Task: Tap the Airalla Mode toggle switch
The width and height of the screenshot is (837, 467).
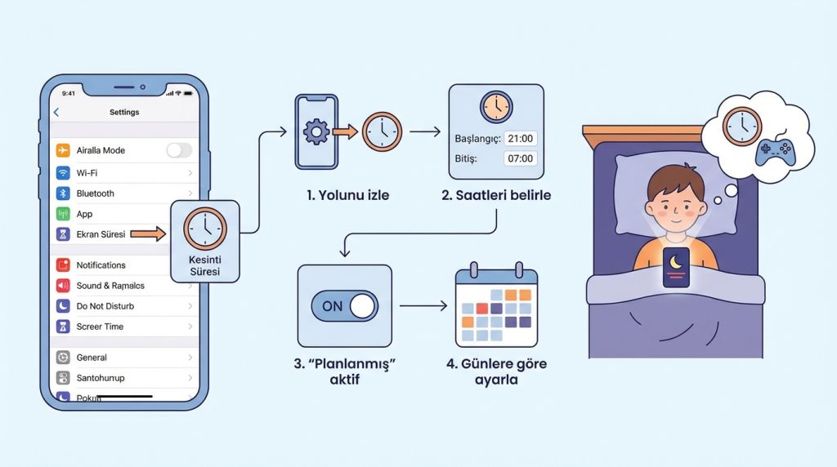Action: (x=179, y=150)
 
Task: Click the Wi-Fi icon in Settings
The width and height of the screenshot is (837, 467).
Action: (x=63, y=172)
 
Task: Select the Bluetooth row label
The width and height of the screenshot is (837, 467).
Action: (x=96, y=193)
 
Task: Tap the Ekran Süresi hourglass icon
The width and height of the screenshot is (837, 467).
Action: (x=63, y=234)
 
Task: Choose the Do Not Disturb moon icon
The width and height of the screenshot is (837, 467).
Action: (x=63, y=306)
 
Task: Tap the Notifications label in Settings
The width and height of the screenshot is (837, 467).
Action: (x=101, y=265)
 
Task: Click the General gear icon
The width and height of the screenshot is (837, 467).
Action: (x=63, y=358)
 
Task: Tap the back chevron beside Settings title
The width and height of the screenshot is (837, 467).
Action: (x=56, y=113)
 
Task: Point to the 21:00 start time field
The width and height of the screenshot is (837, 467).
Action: (x=520, y=138)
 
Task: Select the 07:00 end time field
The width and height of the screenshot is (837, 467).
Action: (x=520, y=158)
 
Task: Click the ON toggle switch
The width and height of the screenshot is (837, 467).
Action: (x=345, y=306)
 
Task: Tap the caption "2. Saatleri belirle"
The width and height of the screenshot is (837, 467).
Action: (x=496, y=195)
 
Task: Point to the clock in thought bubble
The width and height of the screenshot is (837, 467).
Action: (x=742, y=126)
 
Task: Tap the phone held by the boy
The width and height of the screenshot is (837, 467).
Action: (x=676, y=267)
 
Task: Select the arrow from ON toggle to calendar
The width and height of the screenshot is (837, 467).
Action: (x=423, y=306)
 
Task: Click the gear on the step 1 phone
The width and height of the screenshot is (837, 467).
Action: (x=316, y=131)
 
